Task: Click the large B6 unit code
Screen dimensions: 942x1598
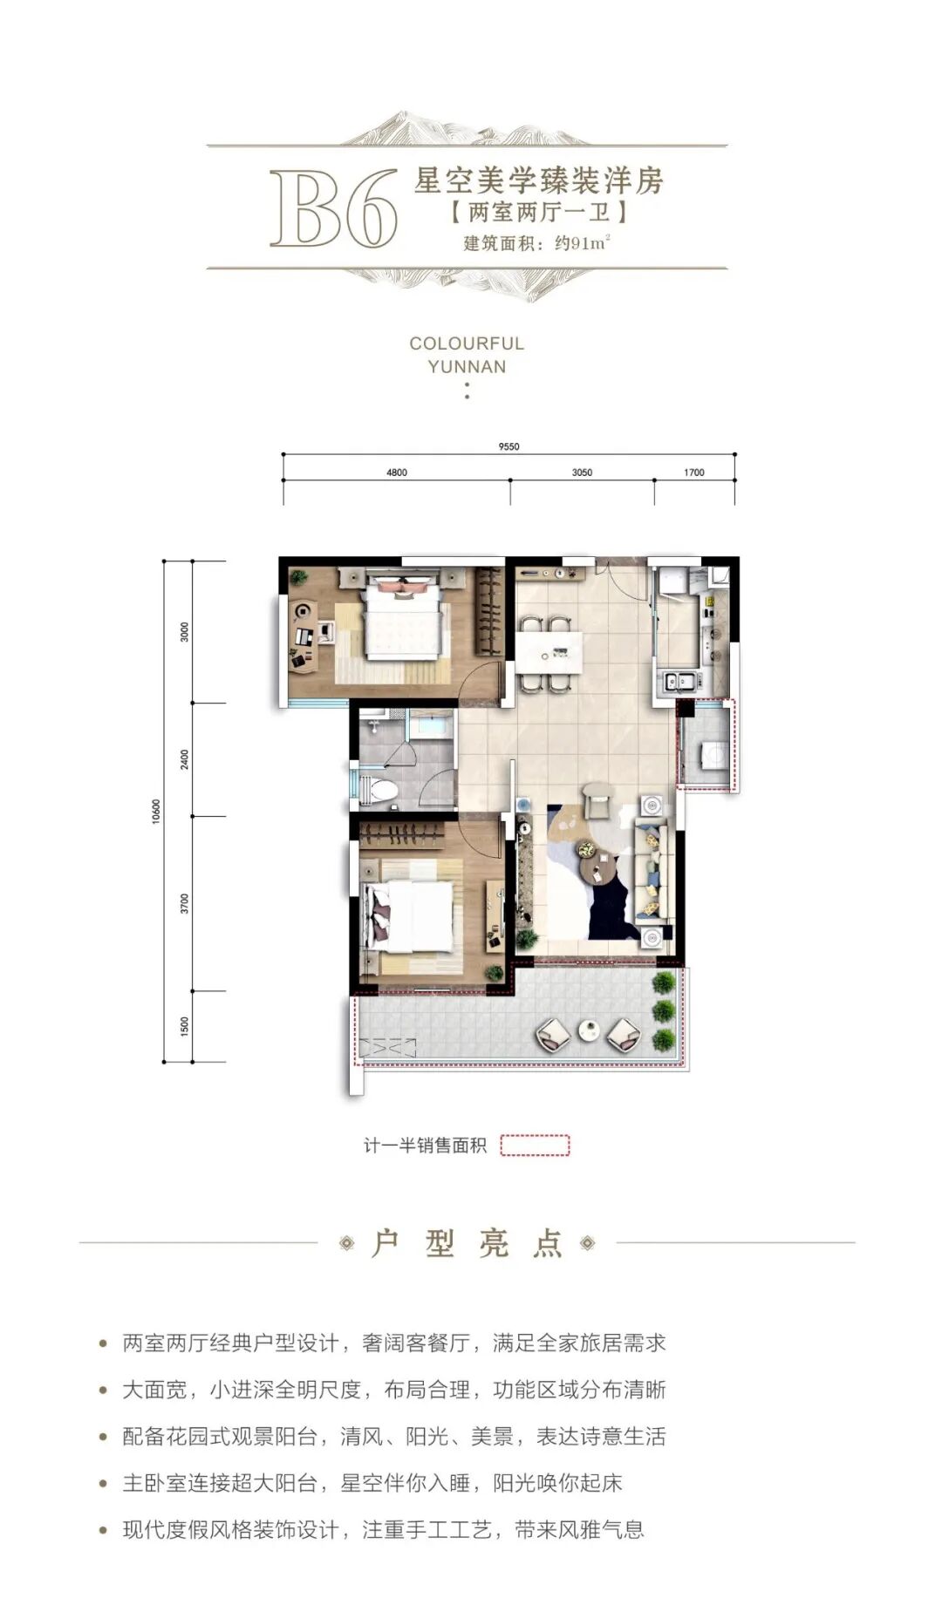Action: click(334, 208)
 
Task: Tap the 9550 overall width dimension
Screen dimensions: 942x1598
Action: click(509, 446)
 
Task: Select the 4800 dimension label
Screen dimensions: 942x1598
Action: click(396, 473)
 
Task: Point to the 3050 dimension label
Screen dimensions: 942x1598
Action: click(582, 473)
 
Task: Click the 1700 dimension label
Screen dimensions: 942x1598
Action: click(694, 473)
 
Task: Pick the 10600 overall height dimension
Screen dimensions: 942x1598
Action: click(156, 812)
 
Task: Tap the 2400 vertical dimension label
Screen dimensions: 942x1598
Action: click(184, 759)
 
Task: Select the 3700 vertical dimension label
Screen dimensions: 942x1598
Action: click(184, 903)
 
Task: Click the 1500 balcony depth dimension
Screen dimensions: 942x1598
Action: click(184, 1026)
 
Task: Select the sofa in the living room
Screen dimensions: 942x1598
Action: click(652, 873)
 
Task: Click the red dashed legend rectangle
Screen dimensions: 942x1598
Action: click(535, 1145)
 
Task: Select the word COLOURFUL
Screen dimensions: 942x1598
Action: click(467, 343)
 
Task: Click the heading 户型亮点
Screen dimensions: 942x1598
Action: click(467, 1243)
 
